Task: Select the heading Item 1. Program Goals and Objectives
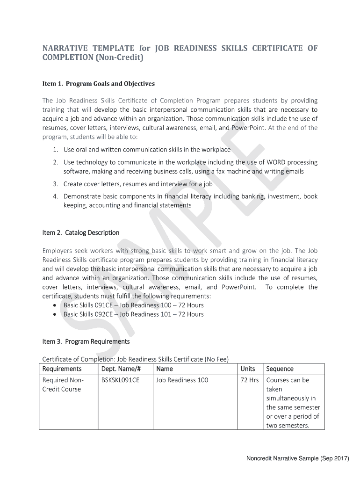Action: (x=98, y=84)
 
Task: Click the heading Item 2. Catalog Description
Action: (x=80, y=233)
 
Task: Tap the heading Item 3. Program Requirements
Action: (x=86, y=342)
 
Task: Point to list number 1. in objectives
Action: (x=55, y=150)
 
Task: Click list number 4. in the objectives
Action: (x=55, y=196)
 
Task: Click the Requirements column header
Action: (x=62, y=369)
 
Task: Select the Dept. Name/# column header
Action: (x=121, y=369)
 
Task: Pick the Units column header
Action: (x=247, y=369)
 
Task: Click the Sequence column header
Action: (x=280, y=369)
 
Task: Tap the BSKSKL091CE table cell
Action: (x=120, y=380)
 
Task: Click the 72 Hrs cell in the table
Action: (x=249, y=380)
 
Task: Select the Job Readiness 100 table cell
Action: (x=182, y=380)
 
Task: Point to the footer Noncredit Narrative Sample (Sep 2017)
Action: (x=298, y=458)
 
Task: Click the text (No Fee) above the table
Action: (x=217, y=359)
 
